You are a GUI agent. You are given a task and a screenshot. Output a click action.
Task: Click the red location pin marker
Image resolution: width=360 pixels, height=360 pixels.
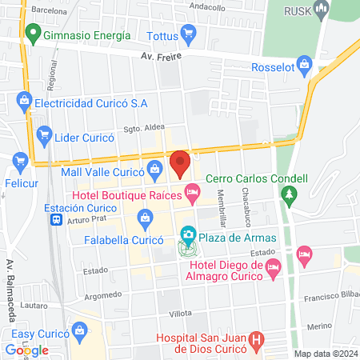(x=180, y=164)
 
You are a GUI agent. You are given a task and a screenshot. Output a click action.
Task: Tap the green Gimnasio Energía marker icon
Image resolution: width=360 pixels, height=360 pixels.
(x=33, y=34)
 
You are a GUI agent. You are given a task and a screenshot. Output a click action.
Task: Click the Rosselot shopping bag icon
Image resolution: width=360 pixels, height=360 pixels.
(x=304, y=64)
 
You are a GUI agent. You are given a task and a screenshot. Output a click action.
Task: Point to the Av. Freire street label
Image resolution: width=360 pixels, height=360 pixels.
(x=158, y=56)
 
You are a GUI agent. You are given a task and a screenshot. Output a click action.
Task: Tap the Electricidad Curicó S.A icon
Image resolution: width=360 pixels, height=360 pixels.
(x=23, y=101)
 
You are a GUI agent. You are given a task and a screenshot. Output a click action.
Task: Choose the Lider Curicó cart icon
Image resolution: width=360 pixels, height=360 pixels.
(x=43, y=136)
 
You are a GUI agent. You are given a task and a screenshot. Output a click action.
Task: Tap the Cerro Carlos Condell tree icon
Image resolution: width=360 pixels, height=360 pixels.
(x=290, y=194)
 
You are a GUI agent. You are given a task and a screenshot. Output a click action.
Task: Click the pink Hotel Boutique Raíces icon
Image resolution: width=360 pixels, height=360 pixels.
(x=192, y=192)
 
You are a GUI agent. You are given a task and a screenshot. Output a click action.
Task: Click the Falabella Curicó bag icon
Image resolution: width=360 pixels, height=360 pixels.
(x=145, y=216)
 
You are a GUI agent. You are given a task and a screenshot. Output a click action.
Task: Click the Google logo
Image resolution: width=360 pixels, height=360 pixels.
(x=26, y=350)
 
